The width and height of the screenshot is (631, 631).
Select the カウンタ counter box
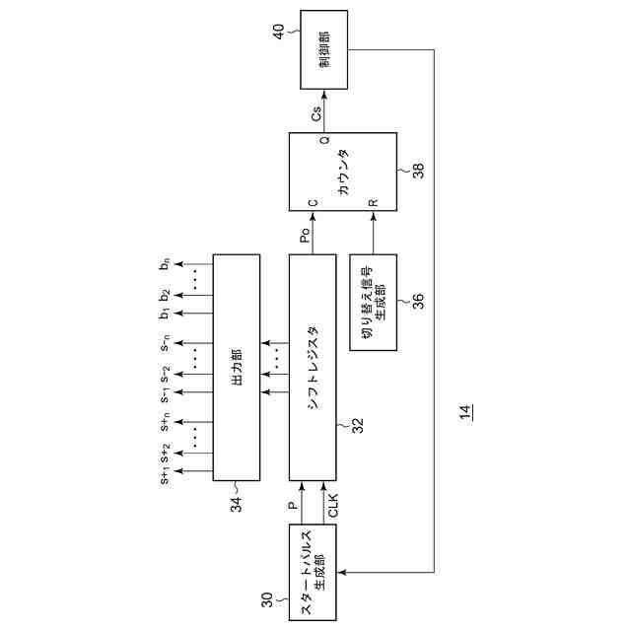pos(341,171)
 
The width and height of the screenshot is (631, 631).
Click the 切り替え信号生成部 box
pos(374,301)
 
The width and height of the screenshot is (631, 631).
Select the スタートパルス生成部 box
pos(315,573)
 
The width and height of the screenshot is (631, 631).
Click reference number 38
pos(418,170)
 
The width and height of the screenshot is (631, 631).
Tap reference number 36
pos(418,301)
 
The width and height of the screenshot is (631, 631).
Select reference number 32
pos(358,426)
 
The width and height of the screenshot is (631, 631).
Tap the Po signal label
pos(306,235)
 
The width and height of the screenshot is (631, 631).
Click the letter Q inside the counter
pos(324,141)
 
